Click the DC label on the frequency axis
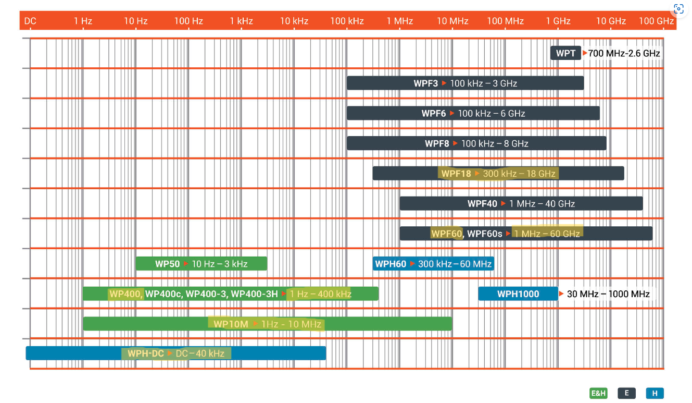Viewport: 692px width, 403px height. coord(30,21)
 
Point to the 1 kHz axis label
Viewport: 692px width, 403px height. coord(241,21)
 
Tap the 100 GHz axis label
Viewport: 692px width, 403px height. coord(656,21)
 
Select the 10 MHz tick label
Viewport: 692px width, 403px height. coord(452,21)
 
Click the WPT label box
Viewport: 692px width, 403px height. coord(565,53)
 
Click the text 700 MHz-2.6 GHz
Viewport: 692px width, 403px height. coord(624,53)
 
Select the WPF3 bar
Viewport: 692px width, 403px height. coord(465,83)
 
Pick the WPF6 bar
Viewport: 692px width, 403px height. coord(473,113)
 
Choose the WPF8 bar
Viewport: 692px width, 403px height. coord(476,143)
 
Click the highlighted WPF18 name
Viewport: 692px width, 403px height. coord(456,174)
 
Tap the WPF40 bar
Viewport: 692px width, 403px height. coord(521,203)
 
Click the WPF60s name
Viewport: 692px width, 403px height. coord(485,234)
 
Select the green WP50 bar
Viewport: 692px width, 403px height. coord(201,264)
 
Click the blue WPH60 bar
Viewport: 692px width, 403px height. coord(433,264)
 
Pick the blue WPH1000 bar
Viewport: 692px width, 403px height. coord(518,294)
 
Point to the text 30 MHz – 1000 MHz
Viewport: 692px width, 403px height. coord(608,294)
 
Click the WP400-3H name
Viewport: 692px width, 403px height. coord(254,294)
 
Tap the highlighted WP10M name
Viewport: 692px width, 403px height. coord(231,324)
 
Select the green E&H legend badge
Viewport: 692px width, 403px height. coord(598,393)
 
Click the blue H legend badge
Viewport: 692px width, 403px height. coord(655,393)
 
